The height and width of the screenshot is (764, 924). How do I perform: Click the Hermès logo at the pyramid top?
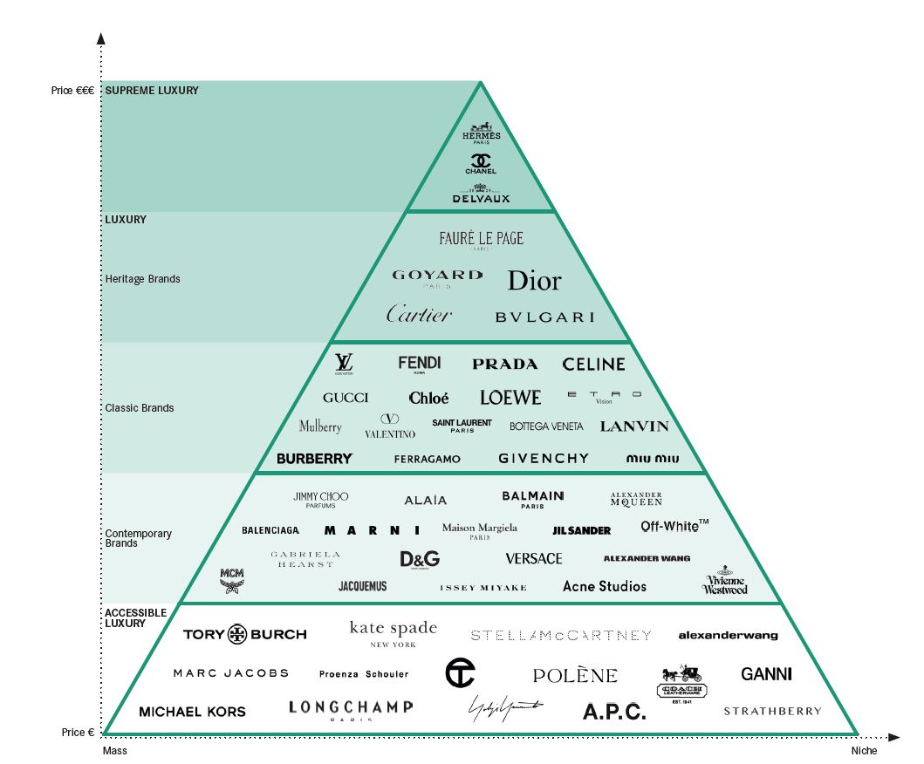[x=481, y=133]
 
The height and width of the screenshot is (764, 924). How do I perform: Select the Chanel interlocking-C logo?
[x=481, y=163]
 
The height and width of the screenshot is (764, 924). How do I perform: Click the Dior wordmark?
[x=534, y=281]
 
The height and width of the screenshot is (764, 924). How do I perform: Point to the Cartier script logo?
[x=419, y=315]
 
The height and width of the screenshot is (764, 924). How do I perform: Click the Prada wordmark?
[x=504, y=364]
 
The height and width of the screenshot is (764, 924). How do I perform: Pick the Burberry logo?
[x=314, y=458]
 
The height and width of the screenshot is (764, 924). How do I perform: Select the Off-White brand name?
[x=674, y=526]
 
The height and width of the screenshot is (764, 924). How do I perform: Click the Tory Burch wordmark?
[x=244, y=634]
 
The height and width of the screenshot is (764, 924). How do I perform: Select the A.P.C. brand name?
[x=614, y=712]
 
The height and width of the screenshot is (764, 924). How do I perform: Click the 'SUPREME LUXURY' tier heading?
[x=152, y=90]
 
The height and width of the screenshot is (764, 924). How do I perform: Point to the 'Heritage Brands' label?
[x=142, y=279]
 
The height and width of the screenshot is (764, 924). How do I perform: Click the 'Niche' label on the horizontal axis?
[x=864, y=750]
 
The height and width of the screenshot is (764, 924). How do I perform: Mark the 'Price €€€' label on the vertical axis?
[x=72, y=91]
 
